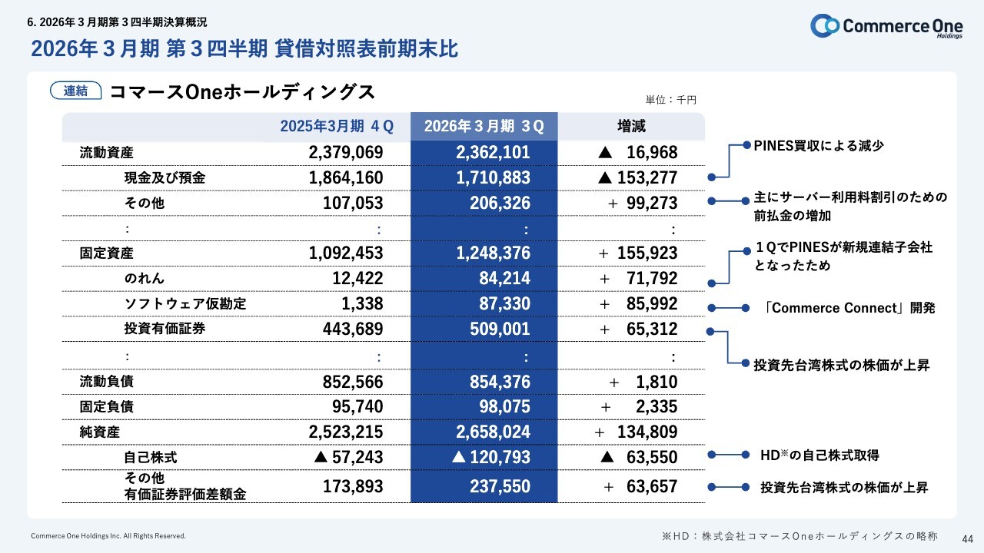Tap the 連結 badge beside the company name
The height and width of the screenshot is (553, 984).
pos(75,91)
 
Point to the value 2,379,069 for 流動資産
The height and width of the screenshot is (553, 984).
pos(345,152)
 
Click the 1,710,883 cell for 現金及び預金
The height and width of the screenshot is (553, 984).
pos(493,178)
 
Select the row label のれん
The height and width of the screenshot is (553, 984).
pos(145,278)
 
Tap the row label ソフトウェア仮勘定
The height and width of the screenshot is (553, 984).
pos(185,303)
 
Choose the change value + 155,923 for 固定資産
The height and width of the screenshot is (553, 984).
pos(637,253)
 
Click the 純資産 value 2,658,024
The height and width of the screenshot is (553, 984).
pos(493,432)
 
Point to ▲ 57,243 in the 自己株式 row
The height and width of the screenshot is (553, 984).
pos(348,457)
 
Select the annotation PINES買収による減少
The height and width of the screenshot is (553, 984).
pos(818,145)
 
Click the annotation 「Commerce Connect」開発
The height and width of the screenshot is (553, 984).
pos(849,308)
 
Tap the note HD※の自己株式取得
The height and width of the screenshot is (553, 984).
pos(819,455)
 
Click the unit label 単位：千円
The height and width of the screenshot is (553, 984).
pos(670,100)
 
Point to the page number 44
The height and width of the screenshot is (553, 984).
pos(967,537)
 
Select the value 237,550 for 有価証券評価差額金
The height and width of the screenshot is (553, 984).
pos(500,486)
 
